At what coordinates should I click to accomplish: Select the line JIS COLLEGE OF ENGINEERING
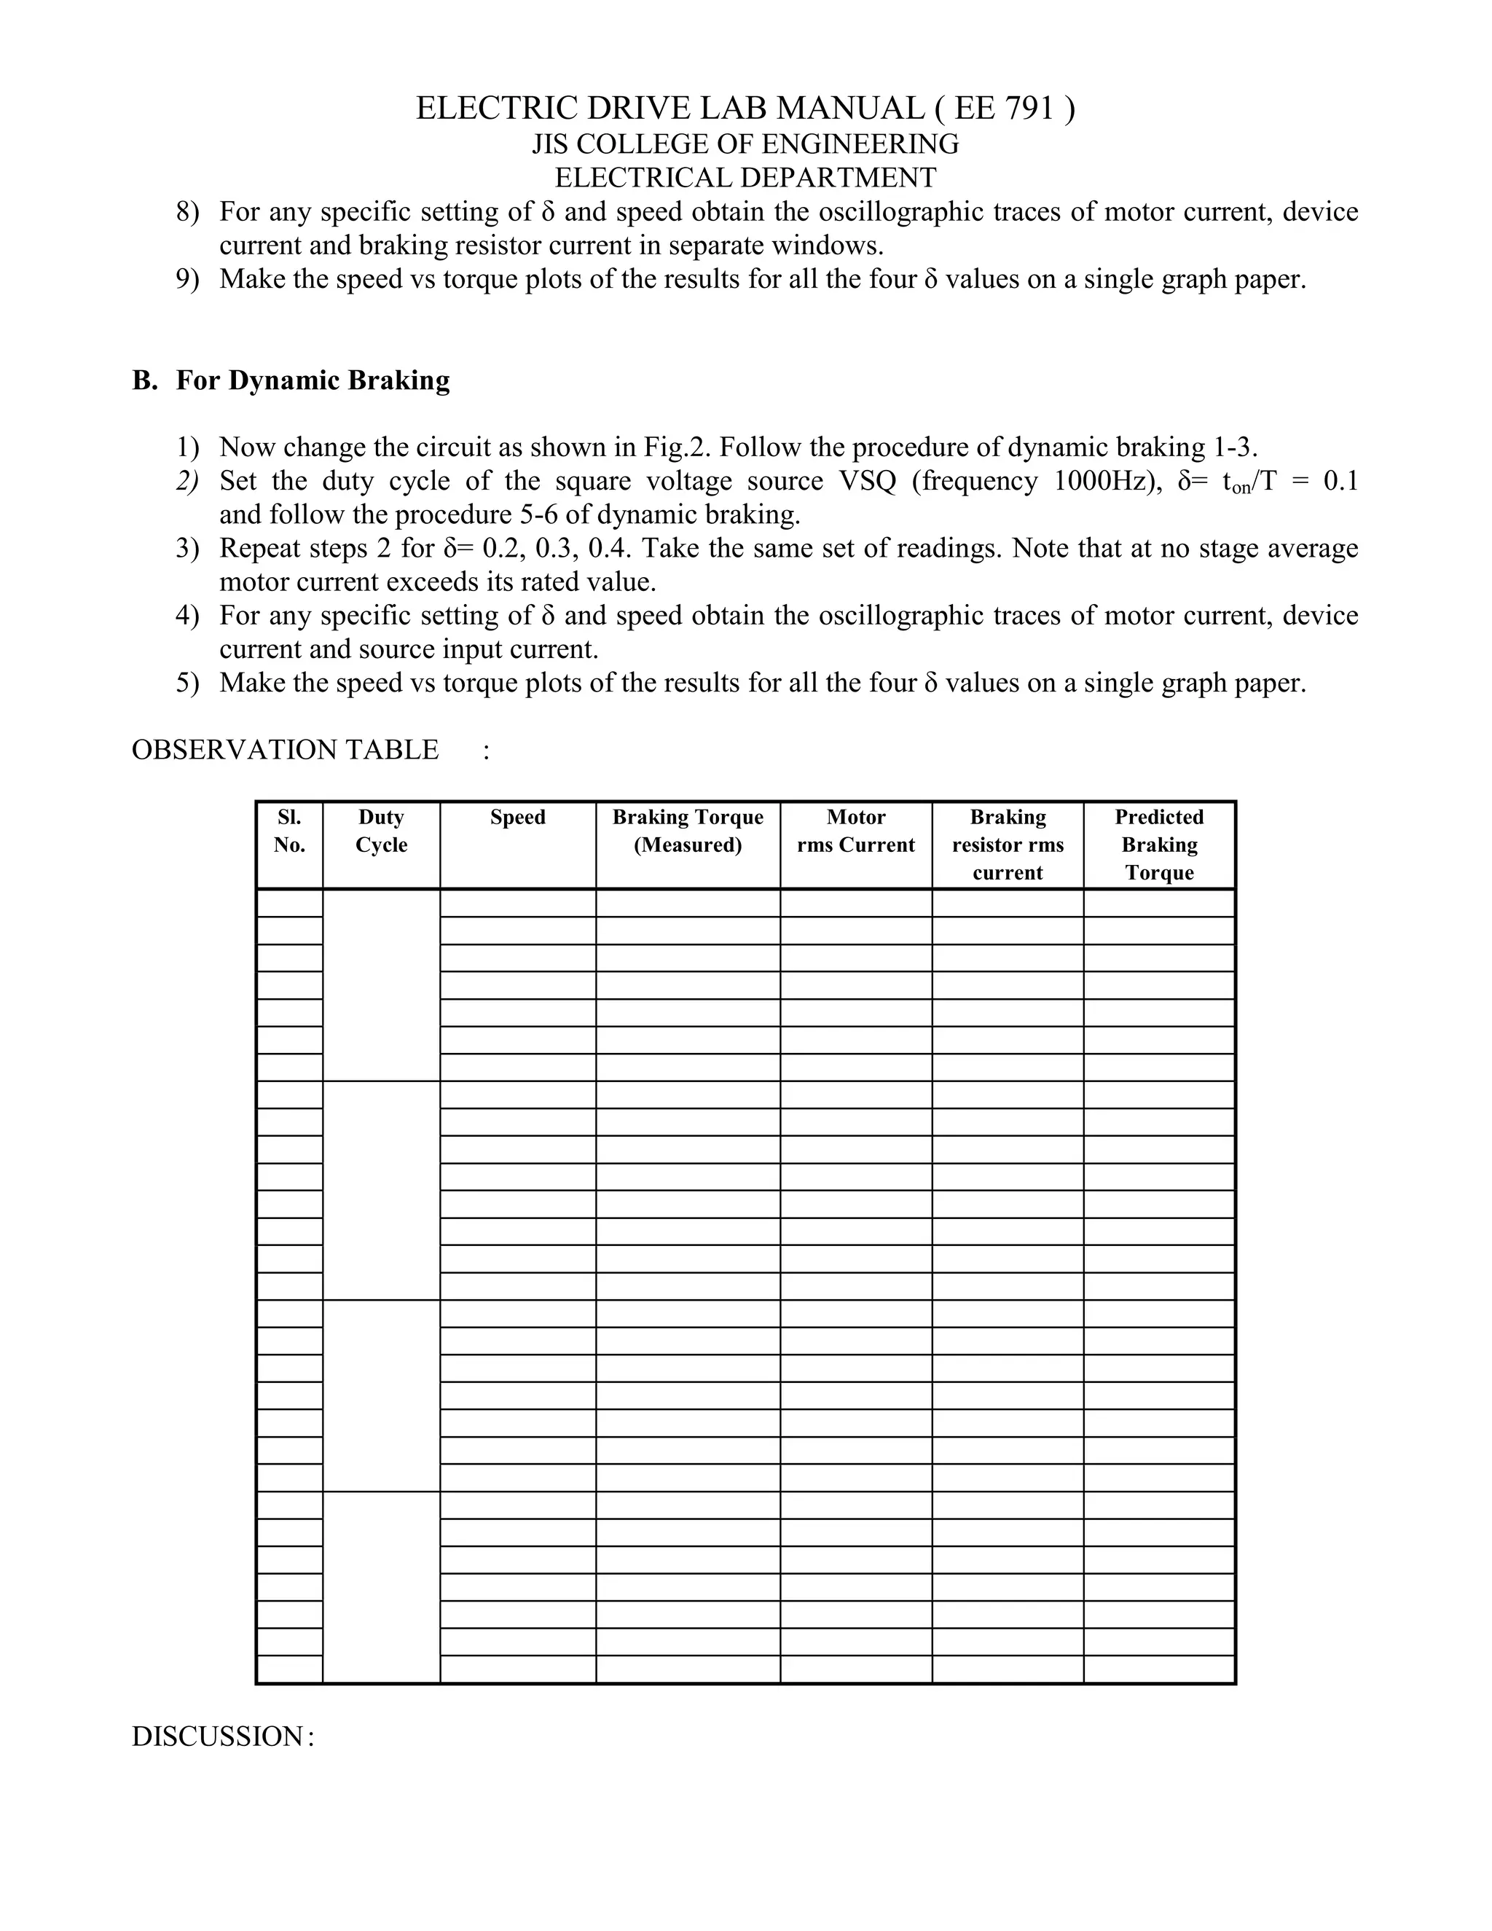(745, 144)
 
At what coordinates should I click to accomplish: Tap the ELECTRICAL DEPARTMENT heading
(745, 178)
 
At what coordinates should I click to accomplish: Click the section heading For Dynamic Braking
(312, 380)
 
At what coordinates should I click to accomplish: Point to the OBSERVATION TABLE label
(285, 750)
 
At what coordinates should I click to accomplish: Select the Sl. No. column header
(289, 831)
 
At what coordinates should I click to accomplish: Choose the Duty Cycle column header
(381, 831)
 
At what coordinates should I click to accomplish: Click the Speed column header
(517, 818)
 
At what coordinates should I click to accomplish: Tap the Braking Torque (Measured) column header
(688, 831)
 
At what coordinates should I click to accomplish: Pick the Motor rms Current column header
(855, 831)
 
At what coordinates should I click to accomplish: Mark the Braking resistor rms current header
(1008, 845)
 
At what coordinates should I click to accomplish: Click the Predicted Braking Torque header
(1159, 845)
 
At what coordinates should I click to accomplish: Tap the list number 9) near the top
(186, 279)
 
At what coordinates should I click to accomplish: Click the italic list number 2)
(186, 482)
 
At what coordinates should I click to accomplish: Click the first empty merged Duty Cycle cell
(381, 985)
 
